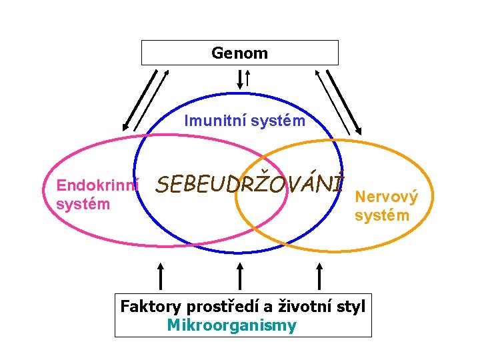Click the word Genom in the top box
click(239, 53)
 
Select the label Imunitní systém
click(245, 121)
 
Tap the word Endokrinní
click(97, 185)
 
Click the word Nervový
click(387, 197)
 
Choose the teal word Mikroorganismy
click(231, 326)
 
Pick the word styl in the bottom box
click(352, 307)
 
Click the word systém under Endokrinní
click(83, 204)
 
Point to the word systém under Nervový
click(382, 215)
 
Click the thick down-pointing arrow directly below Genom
click(240, 79)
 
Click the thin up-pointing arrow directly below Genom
click(248, 79)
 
